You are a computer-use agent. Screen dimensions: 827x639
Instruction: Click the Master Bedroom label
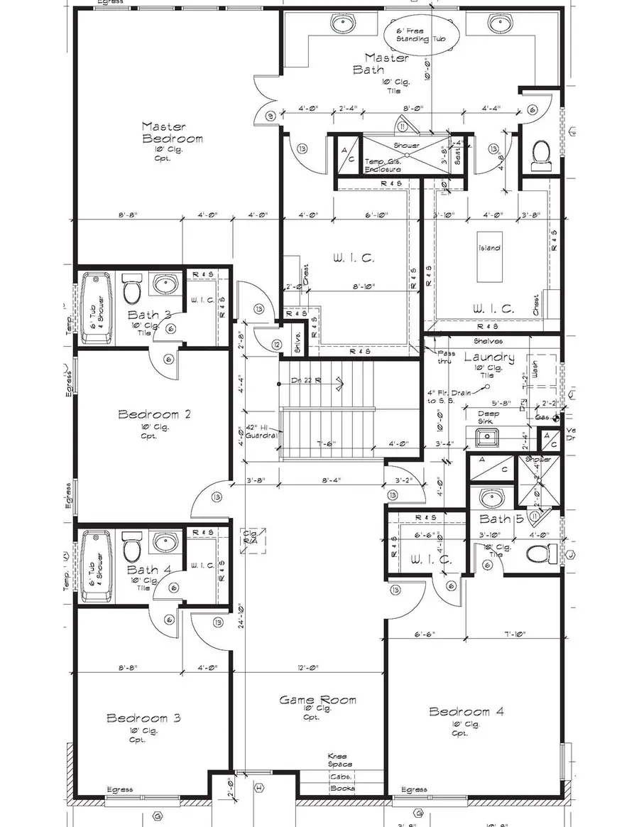[x=173, y=133]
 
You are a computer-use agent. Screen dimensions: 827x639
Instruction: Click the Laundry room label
[x=489, y=358]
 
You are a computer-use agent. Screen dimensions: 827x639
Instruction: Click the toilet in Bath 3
[x=131, y=289]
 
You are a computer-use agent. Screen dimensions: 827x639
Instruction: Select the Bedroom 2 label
[x=155, y=414]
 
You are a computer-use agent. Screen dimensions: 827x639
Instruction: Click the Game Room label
[x=317, y=701]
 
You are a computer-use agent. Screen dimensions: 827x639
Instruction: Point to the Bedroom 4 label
[x=459, y=712]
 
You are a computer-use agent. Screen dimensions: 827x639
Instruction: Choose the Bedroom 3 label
[x=143, y=718]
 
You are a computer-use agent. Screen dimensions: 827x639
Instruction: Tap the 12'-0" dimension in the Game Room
[x=310, y=668]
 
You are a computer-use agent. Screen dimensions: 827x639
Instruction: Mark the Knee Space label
[x=336, y=760]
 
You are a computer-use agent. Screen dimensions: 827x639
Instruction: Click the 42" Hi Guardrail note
[x=260, y=431]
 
